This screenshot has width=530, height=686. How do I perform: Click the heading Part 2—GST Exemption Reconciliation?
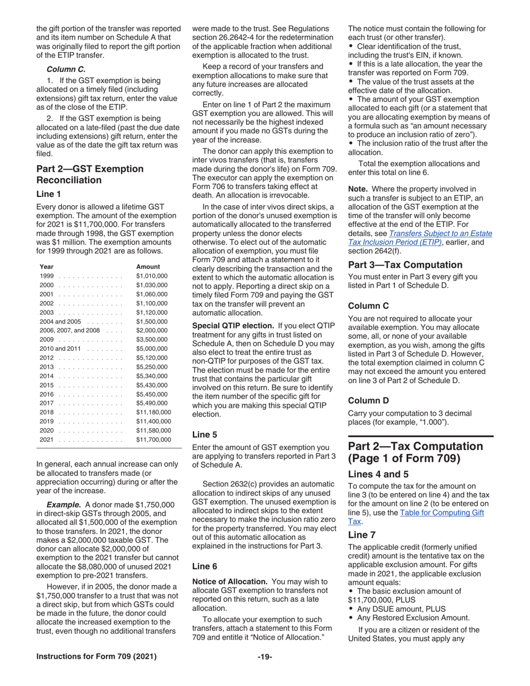pos(89,175)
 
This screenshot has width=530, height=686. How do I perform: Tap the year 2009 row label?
pos(47,339)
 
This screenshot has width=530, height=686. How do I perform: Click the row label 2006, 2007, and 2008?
pos(69,330)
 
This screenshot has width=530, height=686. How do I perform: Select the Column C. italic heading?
pos(66,69)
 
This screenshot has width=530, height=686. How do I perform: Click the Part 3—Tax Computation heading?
pos(405,264)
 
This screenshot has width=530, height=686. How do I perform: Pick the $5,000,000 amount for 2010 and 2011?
pos(152,349)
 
